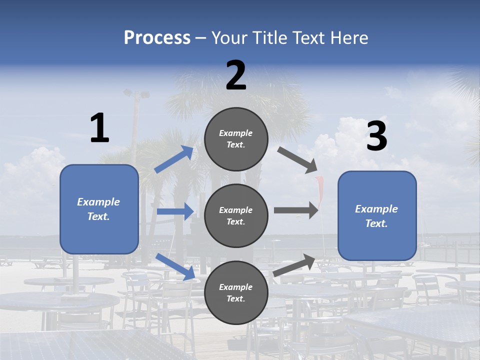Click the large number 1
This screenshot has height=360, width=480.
(99, 128)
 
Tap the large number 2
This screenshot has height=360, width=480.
(236, 75)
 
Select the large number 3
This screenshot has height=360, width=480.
(376, 136)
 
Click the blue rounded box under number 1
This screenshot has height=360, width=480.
(99, 209)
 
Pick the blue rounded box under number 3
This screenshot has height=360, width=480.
(377, 216)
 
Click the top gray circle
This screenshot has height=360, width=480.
(236, 139)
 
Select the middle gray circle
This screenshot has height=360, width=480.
(236, 215)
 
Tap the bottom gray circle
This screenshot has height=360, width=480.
(236, 292)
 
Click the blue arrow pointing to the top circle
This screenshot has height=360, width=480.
(173, 159)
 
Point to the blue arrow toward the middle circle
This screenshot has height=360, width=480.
(175, 211)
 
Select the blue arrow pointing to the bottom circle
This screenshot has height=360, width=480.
(175, 266)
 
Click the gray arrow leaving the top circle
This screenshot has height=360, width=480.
(297, 160)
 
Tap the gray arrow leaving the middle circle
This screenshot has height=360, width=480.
(295, 210)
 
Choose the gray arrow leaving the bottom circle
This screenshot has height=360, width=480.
(294, 265)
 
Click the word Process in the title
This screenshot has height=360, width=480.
(157, 37)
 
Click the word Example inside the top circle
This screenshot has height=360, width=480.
(236, 133)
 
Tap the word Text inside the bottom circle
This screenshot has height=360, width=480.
(235, 298)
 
